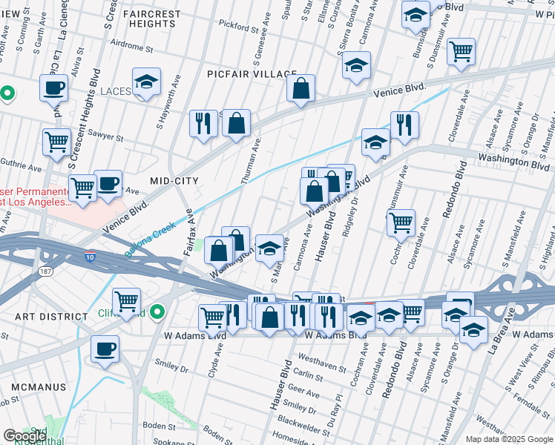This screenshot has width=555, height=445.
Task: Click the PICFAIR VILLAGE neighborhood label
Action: (242, 74)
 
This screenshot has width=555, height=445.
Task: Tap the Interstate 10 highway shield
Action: (90, 256)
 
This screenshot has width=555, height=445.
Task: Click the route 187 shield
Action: (45, 272)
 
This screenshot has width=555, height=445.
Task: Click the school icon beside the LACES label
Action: (147, 83)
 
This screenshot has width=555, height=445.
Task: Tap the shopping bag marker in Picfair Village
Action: (301, 90)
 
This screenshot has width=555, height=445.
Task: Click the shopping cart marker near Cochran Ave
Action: (401, 222)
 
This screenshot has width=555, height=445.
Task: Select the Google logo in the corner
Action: (24, 436)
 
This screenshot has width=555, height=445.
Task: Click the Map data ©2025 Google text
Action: (508, 438)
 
